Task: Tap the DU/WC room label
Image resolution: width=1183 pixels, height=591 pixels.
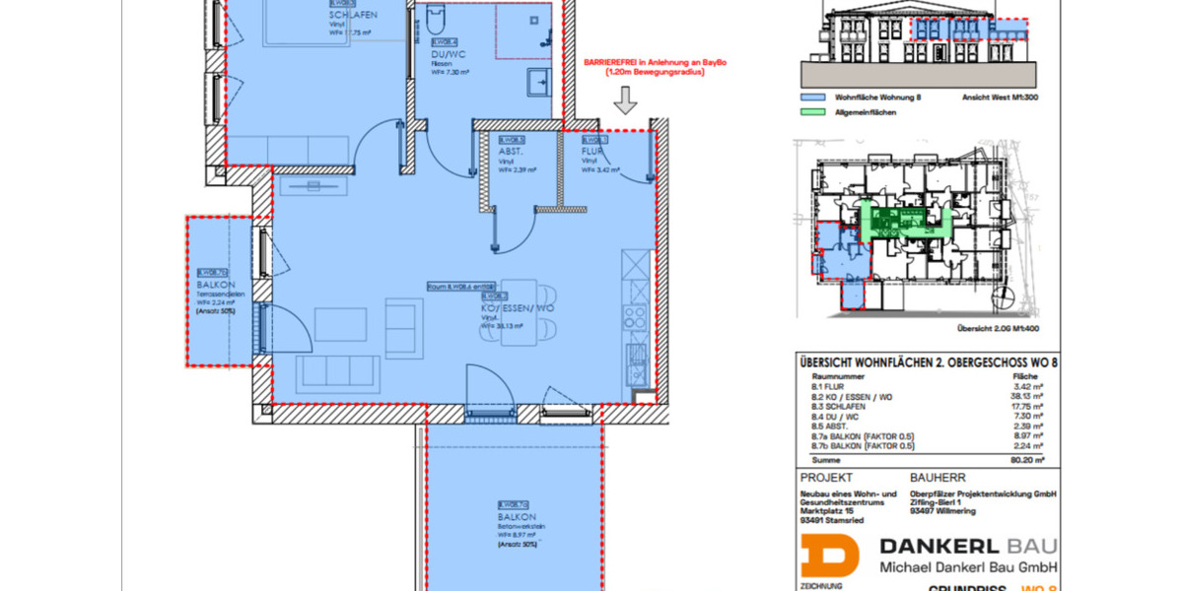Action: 450,55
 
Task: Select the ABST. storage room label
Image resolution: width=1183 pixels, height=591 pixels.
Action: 511,153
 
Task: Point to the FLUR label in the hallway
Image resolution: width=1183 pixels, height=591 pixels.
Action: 592,153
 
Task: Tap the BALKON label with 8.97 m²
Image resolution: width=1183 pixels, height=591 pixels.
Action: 517,517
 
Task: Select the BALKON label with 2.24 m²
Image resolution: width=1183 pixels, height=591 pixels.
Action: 213,286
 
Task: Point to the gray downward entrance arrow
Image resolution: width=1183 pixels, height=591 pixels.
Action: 626,99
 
